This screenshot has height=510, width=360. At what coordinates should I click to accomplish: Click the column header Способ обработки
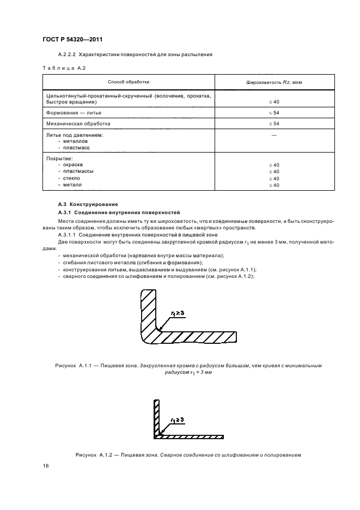pos(129,82)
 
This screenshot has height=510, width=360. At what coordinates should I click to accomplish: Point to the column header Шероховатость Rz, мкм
pos(274,82)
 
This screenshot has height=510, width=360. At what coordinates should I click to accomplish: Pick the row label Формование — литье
pos(72,112)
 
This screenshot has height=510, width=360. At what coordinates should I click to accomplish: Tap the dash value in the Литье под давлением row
pos(274,135)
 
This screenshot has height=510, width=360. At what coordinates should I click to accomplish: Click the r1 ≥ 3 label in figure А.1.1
pos(178,313)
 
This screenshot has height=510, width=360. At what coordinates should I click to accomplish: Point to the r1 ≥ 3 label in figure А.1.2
pos(178,420)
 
